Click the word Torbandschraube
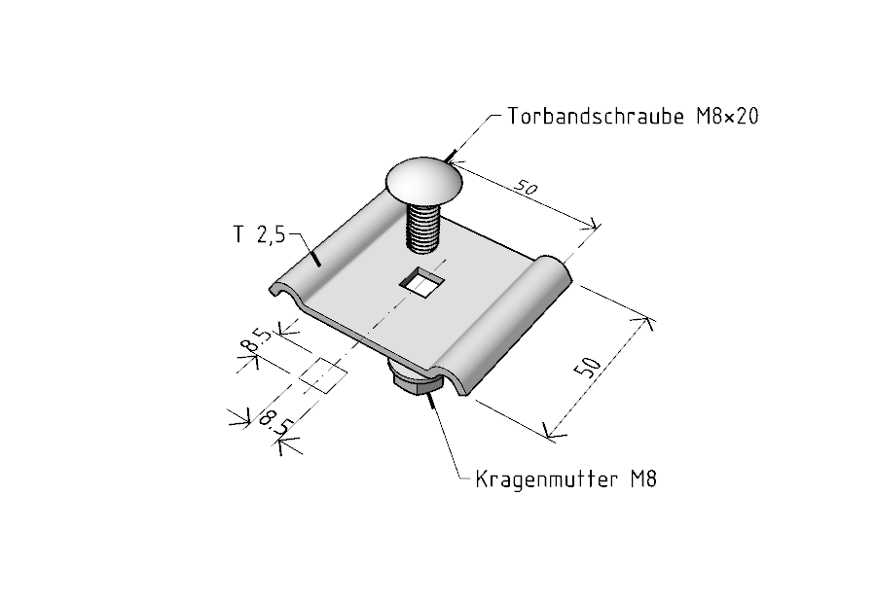click(596, 116)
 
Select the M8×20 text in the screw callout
click(727, 116)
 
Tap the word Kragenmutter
click(546, 479)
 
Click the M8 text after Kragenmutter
click(643, 479)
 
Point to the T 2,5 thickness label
click(259, 234)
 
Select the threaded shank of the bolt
click(423, 228)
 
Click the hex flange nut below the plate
click(417, 381)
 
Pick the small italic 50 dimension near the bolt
click(526, 188)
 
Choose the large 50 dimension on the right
click(588, 367)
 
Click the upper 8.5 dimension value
click(256, 341)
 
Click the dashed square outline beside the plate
click(323, 374)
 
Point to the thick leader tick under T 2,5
click(315, 258)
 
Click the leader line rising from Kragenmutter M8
click(445, 436)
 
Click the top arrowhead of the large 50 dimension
click(642, 322)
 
